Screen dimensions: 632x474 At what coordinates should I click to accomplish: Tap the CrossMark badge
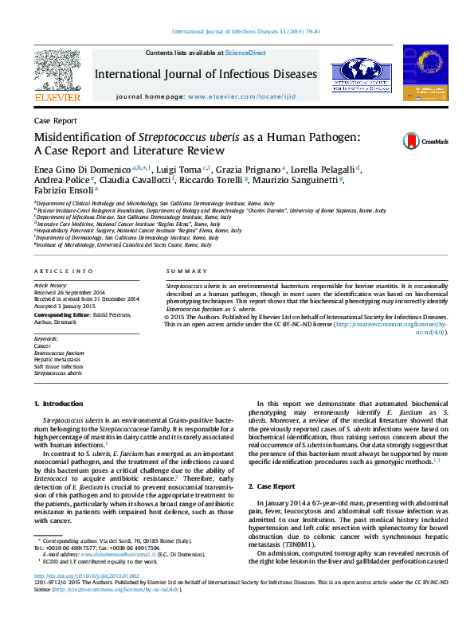tap(413, 141)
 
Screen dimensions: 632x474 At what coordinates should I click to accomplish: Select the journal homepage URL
tap(245, 96)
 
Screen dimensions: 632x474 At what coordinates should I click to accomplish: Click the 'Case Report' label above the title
tap(56, 120)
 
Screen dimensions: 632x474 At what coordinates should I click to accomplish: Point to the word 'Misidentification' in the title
tap(80, 137)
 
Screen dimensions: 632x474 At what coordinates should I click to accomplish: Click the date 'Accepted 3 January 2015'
tap(66, 306)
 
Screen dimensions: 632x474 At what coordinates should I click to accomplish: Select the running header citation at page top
tap(245, 32)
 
